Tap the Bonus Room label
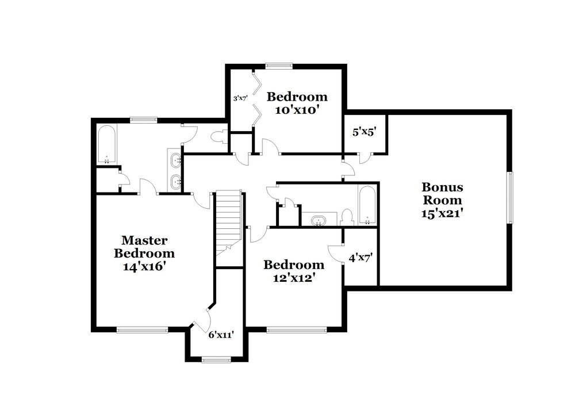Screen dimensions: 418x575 tap(442, 194)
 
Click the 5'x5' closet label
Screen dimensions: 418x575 tap(364, 131)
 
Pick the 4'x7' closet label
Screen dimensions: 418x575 tap(361, 258)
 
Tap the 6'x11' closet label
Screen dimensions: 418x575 tap(221, 334)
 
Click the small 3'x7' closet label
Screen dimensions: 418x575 tap(239, 98)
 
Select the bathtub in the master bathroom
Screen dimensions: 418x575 tap(106, 144)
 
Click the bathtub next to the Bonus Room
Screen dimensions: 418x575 tap(367, 205)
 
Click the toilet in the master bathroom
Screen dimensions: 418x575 tap(218, 137)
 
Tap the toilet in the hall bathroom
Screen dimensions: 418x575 tap(346, 217)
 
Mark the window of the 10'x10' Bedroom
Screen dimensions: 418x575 tap(279, 65)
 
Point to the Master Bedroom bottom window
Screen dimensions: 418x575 tap(142, 329)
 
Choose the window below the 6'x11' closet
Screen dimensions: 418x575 tap(216, 361)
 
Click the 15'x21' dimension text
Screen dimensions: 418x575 tap(442, 213)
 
